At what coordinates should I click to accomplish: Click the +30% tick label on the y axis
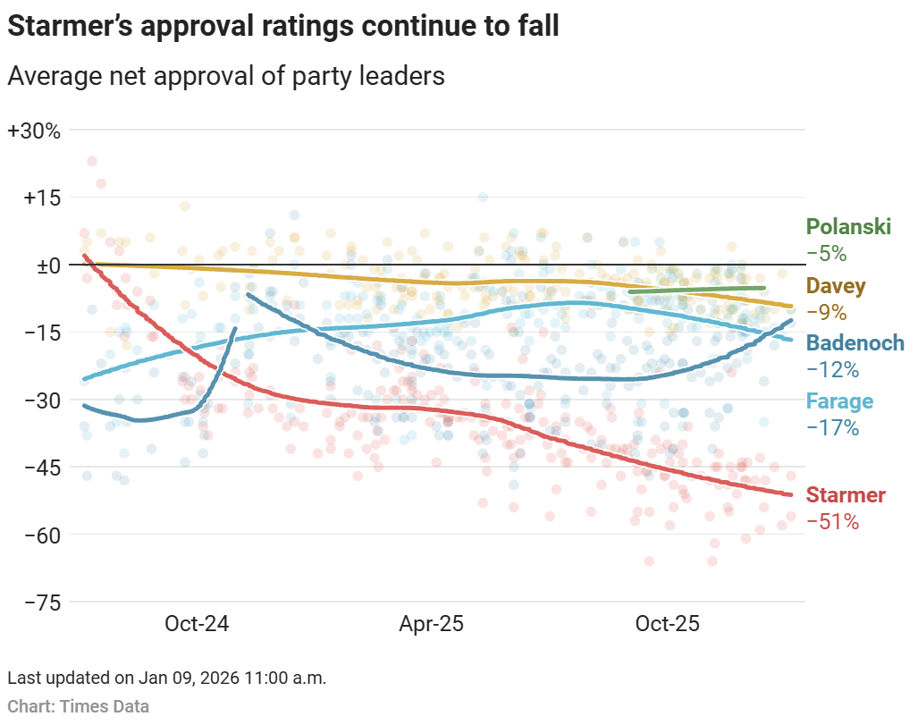pos(34,131)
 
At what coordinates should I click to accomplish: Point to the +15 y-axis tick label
pos(39,198)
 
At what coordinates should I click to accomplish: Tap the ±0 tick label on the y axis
pos(41,266)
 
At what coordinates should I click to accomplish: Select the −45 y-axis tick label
pos(39,467)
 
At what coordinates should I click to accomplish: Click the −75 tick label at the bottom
pos(39,603)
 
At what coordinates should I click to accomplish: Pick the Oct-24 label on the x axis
pos(197,624)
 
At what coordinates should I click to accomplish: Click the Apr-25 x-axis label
pos(431,624)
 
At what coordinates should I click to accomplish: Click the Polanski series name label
pos(848,227)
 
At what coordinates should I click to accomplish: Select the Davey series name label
pos(836,286)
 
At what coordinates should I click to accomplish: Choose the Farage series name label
pos(839,401)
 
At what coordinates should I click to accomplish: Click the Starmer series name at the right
pos(846,495)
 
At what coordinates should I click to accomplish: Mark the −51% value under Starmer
pos(832,522)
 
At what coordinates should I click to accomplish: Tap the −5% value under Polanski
pos(826,254)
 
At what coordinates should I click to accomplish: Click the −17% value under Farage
pos(832,428)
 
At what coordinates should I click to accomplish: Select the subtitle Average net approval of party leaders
pos(225,76)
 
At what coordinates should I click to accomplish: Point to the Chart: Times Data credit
pos(79,707)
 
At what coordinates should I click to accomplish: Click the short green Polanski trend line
pos(697,290)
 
